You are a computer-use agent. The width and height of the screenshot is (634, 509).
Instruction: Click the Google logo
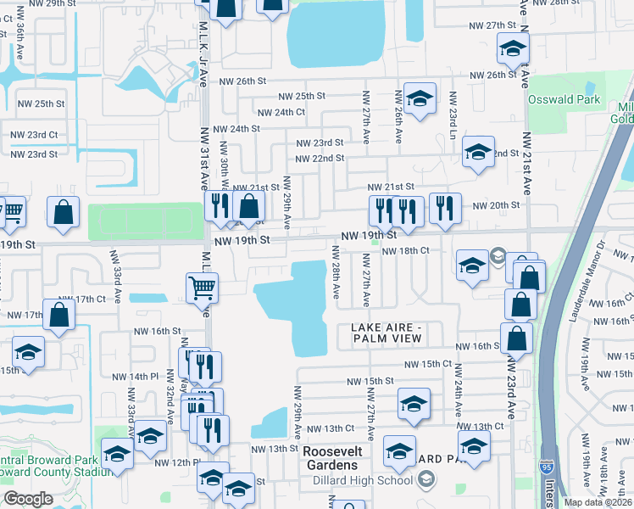pos(28,499)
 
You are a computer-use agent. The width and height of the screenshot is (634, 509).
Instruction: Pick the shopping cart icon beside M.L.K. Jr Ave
pos(203,288)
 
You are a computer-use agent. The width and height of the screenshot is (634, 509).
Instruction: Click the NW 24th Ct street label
pos(281,112)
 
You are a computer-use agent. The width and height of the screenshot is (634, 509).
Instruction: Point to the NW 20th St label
pos(495,205)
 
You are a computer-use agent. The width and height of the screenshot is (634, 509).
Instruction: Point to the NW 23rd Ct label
pos(34,134)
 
